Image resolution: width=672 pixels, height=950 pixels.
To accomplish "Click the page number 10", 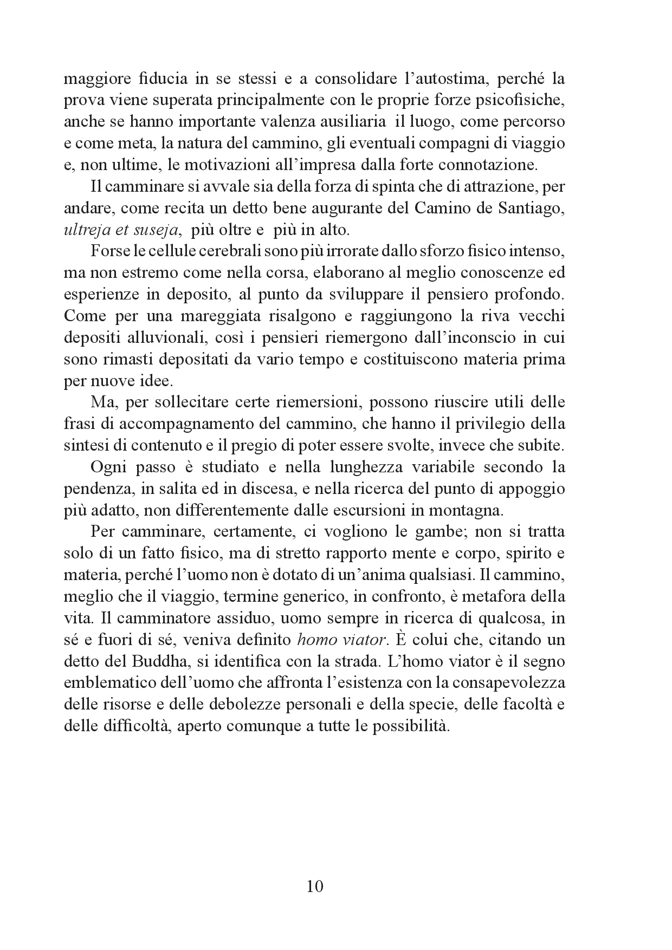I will click(x=315, y=886).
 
